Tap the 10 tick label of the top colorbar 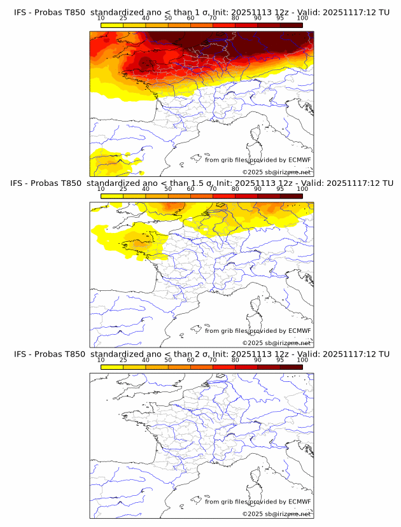101,18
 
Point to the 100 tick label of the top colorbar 302,18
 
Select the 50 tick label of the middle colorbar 168,189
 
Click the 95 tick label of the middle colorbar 280,189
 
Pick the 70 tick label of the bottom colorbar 213,360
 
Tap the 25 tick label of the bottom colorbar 123,360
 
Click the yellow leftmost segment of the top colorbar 112,25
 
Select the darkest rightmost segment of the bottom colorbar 292,367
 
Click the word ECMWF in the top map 299,160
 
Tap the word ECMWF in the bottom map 299,502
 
